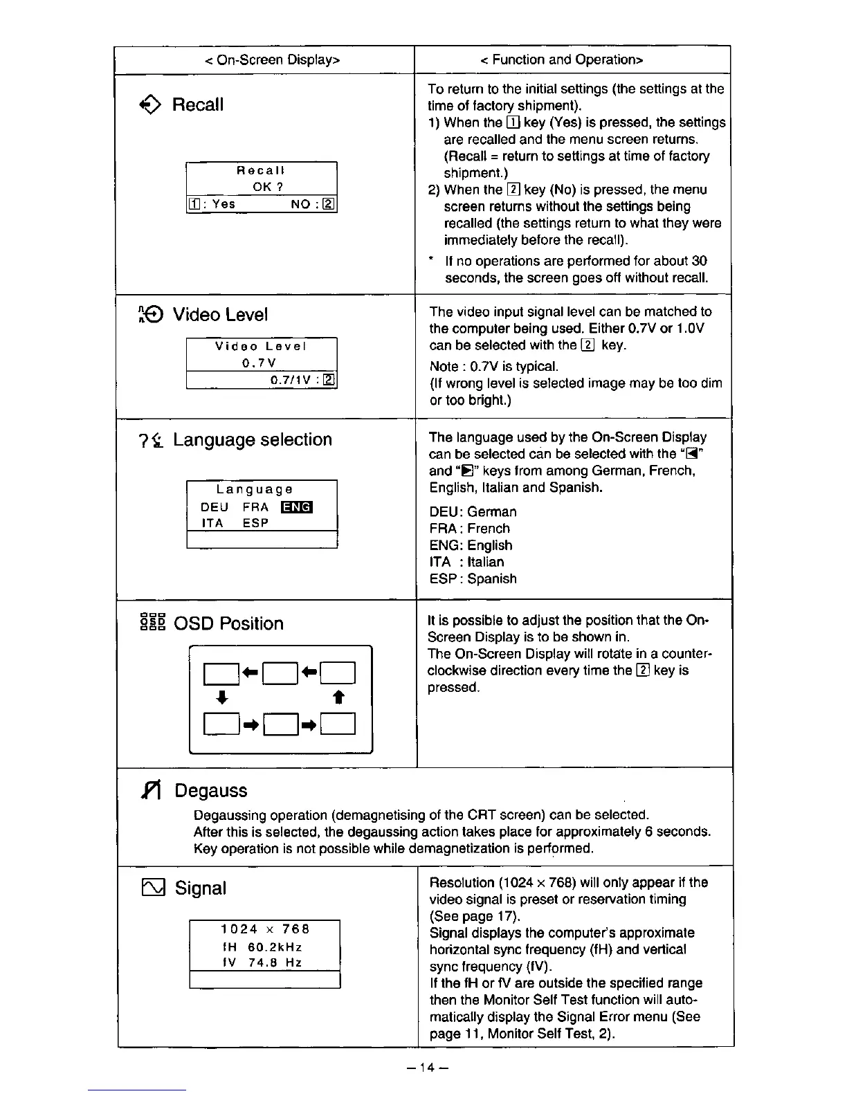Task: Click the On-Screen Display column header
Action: [272, 60]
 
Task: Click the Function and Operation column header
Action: [561, 60]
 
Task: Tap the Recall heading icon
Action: [150, 105]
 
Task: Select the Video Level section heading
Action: [219, 315]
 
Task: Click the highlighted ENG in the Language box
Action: [297, 507]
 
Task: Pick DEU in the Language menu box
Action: [215, 507]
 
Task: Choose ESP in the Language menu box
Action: [255, 524]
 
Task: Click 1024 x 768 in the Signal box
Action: [265, 929]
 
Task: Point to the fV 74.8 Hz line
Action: [262, 963]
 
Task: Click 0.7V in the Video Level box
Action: [259, 363]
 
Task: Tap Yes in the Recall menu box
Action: [224, 204]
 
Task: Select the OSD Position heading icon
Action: [152, 623]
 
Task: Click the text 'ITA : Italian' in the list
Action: [466, 562]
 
